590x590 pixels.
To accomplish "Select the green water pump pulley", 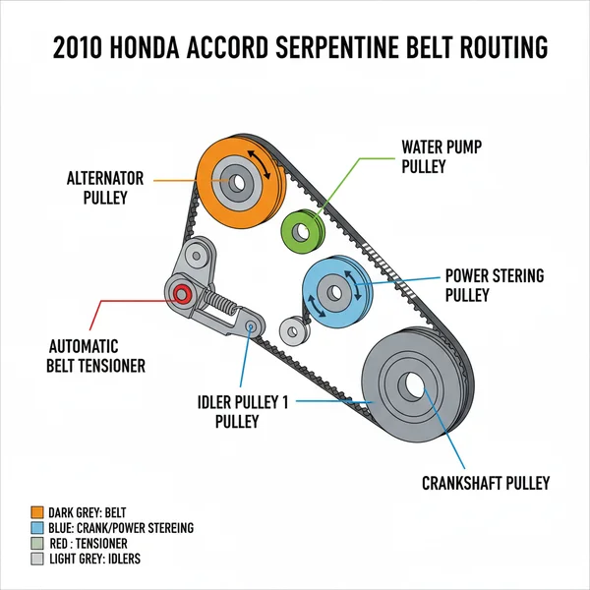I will pyautogui.click(x=302, y=232).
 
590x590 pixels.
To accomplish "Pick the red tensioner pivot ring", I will pyautogui.click(x=180, y=294).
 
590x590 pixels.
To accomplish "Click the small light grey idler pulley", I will pyautogui.click(x=291, y=330).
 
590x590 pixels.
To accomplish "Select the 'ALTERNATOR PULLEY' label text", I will pyautogui.click(x=105, y=187).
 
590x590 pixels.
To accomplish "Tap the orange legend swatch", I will pyautogui.click(x=38, y=512).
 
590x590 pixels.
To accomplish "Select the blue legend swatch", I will pyautogui.click(x=38, y=528).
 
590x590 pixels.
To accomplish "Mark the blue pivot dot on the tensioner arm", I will pyautogui.click(x=251, y=324).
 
